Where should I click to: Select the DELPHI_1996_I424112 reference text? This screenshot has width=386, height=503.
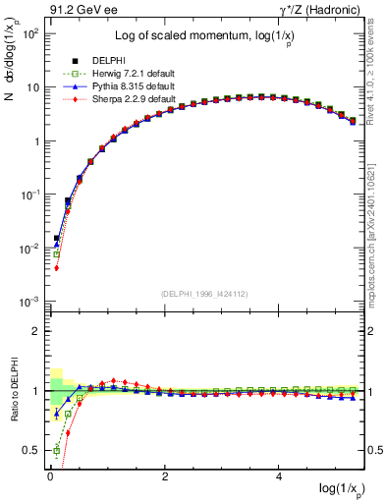[203, 293]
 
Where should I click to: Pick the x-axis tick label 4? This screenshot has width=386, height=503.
[280, 475]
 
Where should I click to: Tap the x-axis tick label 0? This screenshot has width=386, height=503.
[49, 475]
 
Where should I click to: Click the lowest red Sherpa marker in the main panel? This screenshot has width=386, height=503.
[57, 267]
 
